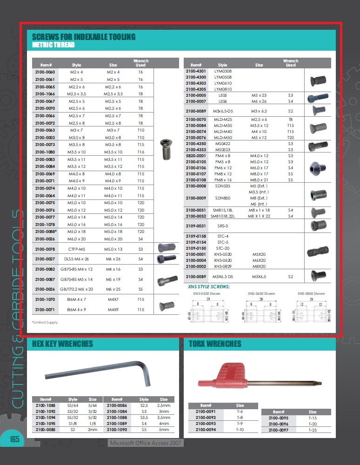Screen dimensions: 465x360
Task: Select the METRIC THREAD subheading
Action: click(x=53, y=45)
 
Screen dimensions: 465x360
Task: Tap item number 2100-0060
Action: click(x=45, y=72)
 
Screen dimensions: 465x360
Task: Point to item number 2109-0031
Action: click(x=196, y=226)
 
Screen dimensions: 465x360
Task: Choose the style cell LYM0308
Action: click(x=223, y=71)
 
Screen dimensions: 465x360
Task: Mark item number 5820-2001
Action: click(x=196, y=156)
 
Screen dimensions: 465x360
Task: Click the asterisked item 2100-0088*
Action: click(x=46, y=232)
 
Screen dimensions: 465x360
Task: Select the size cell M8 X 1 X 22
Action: click(x=259, y=216)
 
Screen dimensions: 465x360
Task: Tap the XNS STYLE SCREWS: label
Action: click(x=208, y=286)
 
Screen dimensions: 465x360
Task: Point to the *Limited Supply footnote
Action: click(x=45, y=322)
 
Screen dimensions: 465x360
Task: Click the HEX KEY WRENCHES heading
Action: click(x=62, y=344)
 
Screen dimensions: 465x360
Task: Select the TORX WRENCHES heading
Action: click(x=215, y=344)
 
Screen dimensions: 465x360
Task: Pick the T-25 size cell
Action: click(x=313, y=430)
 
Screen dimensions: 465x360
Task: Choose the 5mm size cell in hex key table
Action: click(x=164, y=430)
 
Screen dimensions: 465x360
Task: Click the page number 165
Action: click(x=15, y=438)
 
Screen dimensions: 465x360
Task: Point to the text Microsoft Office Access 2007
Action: click(x=146, y=443)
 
